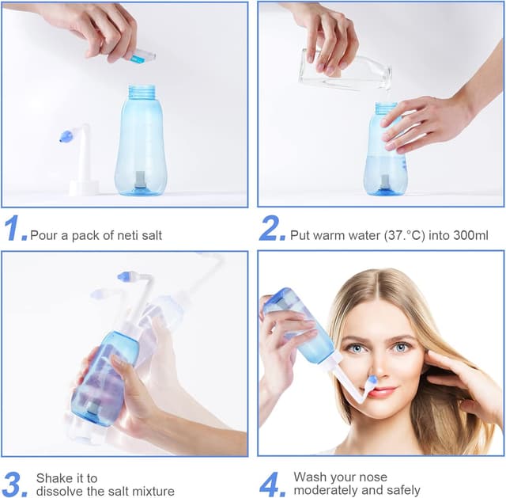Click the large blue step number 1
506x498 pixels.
[x=16, y=229]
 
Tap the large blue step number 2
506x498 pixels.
[x=272, y=229]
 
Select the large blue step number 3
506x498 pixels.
[x=16, y=484]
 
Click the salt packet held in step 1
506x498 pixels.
[x=142, y=56]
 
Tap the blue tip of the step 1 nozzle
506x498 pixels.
[x=66, y=137]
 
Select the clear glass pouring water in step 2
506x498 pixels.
[x=345, y=70]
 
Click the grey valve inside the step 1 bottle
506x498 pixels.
[x=140, y=180]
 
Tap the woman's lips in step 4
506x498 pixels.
[x=381, y=391]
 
